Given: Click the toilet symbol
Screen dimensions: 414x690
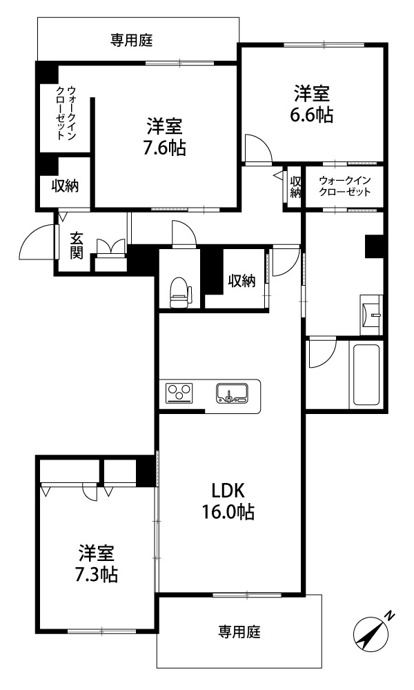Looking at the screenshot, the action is point(181,292).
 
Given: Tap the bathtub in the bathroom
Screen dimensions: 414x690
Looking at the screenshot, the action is point(366,375).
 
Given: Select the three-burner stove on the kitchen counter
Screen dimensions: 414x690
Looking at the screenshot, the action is point(179,393).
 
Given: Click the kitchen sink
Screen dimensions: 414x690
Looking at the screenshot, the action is point(232,393).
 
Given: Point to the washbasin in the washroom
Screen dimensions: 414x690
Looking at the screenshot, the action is point(371,314).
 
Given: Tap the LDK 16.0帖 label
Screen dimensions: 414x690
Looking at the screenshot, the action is point(228,501).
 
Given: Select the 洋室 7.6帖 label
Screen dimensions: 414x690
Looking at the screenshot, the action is point(164,137).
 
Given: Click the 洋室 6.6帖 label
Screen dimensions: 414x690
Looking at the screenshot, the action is point(311,104).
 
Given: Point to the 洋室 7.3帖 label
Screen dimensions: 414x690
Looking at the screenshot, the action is point(96,564).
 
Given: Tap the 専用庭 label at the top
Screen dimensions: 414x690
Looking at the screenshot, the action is point(132,41).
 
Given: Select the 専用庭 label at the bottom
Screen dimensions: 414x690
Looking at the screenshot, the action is point(239,632).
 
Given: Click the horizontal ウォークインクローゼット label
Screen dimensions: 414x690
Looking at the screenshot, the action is point(346,186).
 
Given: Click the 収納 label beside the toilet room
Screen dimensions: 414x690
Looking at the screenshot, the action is point(241,280).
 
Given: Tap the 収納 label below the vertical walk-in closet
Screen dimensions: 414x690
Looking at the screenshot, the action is point(65,186).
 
